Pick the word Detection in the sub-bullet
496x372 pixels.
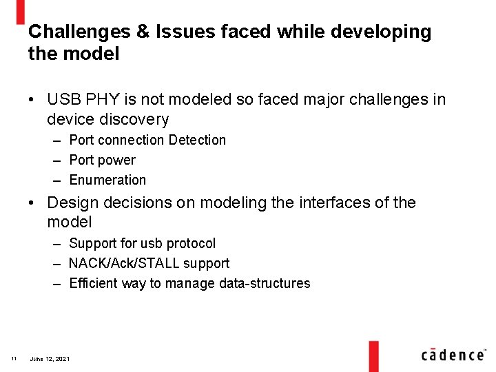[197, 140]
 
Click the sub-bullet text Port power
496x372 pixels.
[102, 160]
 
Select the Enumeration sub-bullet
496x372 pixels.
[107, 180]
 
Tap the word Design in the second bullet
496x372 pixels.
[72, 203]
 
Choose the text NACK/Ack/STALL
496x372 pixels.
[124, 263]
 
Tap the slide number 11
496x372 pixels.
[14, 359]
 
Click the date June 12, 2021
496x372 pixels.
[50, 359]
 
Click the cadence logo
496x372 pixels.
[453, 355]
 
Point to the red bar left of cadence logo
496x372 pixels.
[373, 354]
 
